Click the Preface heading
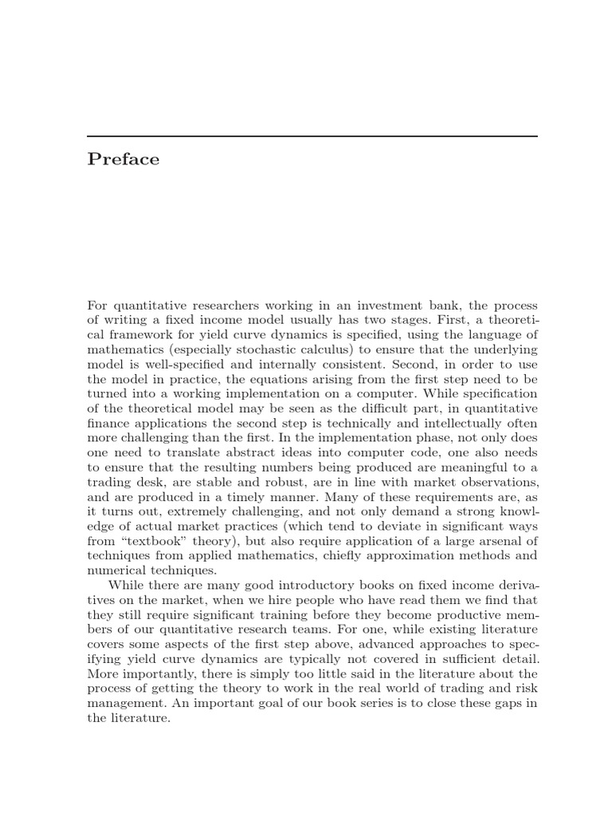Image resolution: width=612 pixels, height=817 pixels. point(124,160)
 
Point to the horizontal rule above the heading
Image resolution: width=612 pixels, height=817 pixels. point(312,136)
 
